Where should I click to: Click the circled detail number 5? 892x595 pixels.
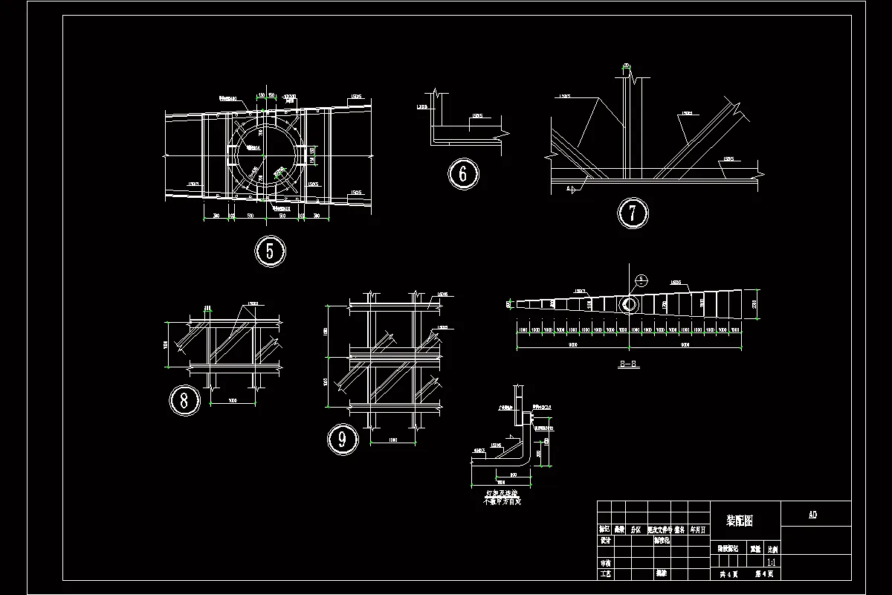[270, 251]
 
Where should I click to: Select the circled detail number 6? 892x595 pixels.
[463, 174]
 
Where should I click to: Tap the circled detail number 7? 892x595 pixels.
[633, 213]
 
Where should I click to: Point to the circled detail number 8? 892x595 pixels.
[184, 400]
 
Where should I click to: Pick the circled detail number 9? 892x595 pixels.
[343, 439]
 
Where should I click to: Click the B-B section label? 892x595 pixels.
[629, 364]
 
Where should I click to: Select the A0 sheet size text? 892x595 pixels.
[812, 515]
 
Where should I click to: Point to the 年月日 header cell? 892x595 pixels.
[699, 530]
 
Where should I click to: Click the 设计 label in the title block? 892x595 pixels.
[605, 541]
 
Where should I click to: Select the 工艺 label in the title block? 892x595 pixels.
[605, 573]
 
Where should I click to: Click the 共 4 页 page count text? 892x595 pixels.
[728, 573]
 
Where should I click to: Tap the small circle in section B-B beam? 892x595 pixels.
[629, 304]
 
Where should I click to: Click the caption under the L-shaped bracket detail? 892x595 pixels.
[503, 497]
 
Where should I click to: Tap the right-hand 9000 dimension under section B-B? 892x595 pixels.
[685, 344]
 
